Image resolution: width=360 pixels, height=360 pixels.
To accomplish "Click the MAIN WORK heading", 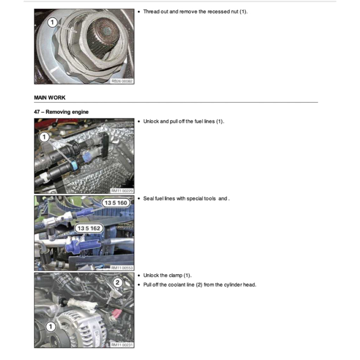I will pyautogui.click(x=50, y=97).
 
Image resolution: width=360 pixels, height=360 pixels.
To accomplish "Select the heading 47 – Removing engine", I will pyautogui.click(x=61, y=112).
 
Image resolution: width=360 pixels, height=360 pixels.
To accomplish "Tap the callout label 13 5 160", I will pyautogui.click(x=115, y=203).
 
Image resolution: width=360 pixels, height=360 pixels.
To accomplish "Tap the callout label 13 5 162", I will pyautogui.click(x=89, y=229).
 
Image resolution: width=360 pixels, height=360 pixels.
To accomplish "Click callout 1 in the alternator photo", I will pyautogui.click(x=51, y=327).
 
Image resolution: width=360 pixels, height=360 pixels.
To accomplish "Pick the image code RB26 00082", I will pyautogui.click(x=122, y=81).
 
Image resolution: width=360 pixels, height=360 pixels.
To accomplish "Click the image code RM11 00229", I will pyautogui.click(x=122, y=191).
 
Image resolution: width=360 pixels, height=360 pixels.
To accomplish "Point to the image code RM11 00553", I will pyautogui.click(x=122, y=268).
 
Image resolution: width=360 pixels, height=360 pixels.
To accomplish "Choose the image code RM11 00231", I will pyautogui.click(x=122, y=345).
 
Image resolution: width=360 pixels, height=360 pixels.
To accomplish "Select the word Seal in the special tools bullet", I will pyautogui.click(x=148, y=199).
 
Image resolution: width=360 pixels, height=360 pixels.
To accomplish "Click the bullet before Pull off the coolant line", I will pyautogui.click(x=139, y=285).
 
